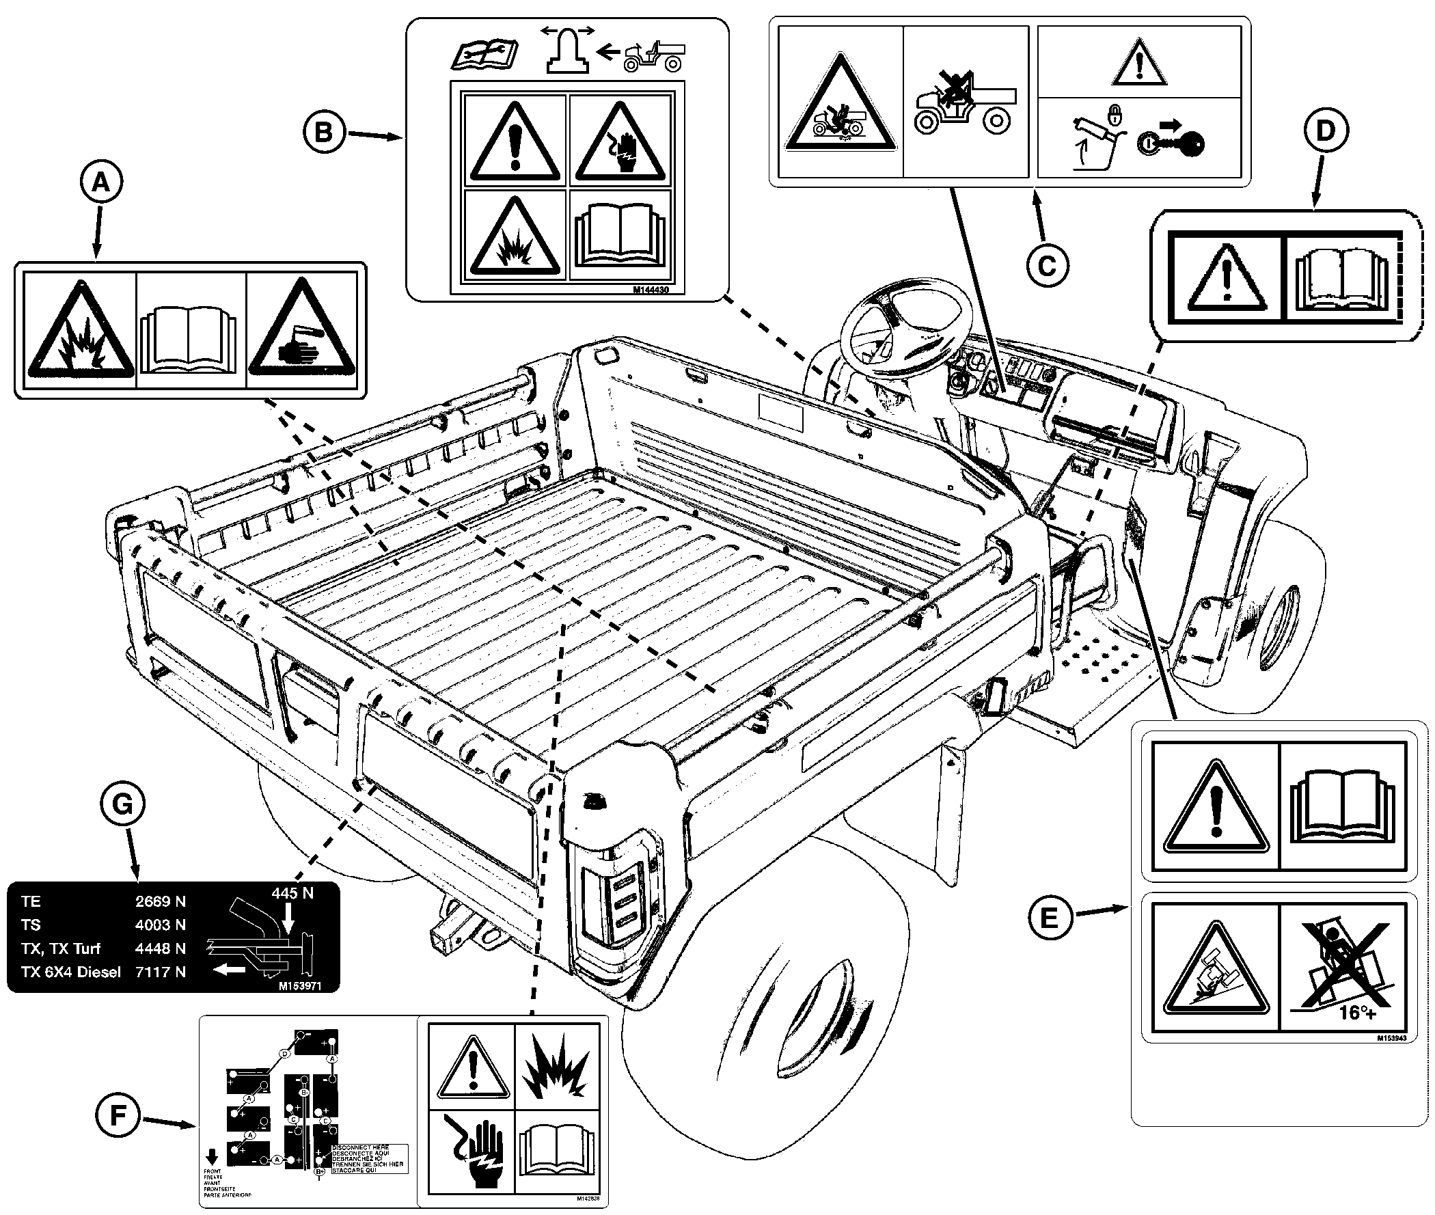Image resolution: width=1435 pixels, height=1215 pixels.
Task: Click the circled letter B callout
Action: click(324, 133)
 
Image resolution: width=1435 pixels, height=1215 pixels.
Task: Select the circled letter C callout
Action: click(1047, 265)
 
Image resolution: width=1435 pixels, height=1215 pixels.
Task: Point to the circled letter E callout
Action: click(1049, 918)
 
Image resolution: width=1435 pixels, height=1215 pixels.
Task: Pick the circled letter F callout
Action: click(118, 1115)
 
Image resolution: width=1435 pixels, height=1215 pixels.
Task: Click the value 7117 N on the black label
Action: click(161, 972)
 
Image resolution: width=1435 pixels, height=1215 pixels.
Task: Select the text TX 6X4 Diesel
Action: click(70, 972)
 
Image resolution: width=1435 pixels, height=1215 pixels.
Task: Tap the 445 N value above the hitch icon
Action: click(292, 893)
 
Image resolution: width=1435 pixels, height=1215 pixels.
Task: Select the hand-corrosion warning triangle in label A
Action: click(301, 331)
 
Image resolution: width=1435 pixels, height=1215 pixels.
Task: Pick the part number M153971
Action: click(299, 985)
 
